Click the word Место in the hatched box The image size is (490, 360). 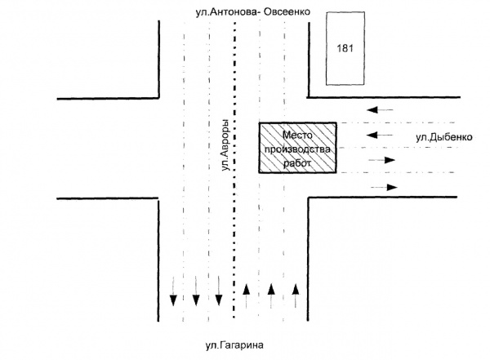pos(297,134)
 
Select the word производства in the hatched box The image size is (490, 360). pos(297,149)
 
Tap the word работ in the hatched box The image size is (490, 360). pos(297,163)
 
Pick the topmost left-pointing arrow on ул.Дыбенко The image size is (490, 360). pos(380,109)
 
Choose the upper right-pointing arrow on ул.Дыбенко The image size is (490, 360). pos(381,161)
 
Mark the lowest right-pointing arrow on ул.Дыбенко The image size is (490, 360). pos(384,188)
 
